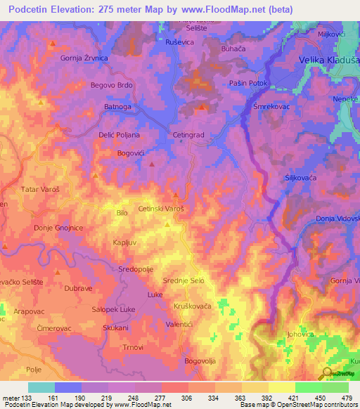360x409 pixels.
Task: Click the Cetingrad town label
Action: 188,134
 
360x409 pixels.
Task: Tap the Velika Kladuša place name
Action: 328,60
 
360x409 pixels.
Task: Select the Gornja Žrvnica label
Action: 84,58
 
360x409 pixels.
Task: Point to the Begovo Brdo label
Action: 111,85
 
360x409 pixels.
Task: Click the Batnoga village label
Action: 118,107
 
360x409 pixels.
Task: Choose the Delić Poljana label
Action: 119,134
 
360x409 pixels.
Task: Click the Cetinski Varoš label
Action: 161,209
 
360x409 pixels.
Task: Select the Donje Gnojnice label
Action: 58,228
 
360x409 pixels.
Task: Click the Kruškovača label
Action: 192,307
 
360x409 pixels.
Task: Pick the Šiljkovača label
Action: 300,178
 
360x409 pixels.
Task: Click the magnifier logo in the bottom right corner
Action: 326,373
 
